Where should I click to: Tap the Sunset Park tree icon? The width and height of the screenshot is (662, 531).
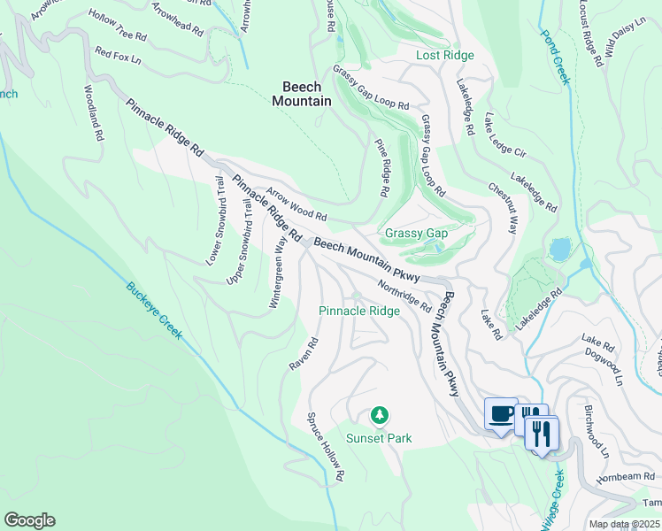pos(379,415)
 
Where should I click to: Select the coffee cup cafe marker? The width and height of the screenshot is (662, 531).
pos(501,413)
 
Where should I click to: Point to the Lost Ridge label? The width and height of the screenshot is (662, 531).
pos(445,55)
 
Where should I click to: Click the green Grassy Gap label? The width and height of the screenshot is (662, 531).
pos(416,234)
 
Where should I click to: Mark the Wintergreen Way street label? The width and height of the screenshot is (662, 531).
pos(279,273)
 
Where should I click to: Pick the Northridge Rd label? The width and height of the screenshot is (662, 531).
pos(404,296)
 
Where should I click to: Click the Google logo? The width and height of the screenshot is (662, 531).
pos(29,520)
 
